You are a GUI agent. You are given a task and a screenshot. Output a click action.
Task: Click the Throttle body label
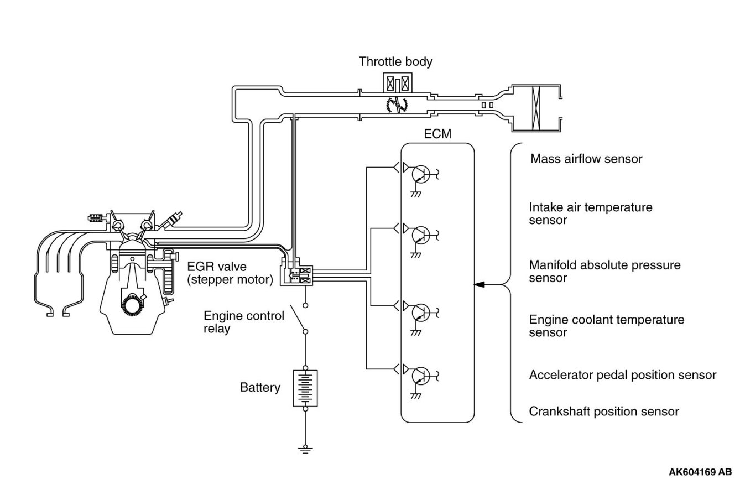click(x=395, y=62)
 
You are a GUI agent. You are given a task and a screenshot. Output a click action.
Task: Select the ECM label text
click(x=437, y=134)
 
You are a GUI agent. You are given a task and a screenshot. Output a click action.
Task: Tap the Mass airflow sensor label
click(x=586, y=159)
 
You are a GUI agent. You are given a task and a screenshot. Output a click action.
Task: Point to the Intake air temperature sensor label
click(x=591, y=214)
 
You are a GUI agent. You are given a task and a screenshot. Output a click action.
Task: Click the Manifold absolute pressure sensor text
click(x=604, y=271)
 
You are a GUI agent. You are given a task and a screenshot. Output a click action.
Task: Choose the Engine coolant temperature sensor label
click(x=607, y=326)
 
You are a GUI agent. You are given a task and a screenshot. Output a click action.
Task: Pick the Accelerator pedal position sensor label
click(x=623, y=375)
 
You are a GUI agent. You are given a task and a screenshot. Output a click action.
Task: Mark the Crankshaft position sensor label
click(x=604, y=412)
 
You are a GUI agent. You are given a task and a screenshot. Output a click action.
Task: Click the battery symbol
click(x=305, y=388)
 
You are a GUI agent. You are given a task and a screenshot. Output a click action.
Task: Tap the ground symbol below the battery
click(x=305, y=450)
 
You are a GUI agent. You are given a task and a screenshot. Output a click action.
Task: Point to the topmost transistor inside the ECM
click(x=421, y=174)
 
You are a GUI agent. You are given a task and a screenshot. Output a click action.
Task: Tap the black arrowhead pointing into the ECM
click(x=480, y=284)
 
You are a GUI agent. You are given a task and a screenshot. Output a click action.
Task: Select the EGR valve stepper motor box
click(x=296, y=275)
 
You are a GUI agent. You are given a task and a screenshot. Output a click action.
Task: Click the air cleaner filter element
click(x=535, y=108)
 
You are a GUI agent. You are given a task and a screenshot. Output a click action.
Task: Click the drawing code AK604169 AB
click(x=700, y=472)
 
